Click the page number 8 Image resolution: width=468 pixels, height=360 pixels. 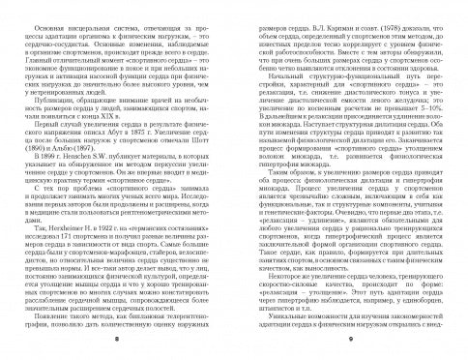115,342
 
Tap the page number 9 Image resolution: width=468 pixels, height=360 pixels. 352,342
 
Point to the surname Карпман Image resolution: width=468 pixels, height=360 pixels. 301,16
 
